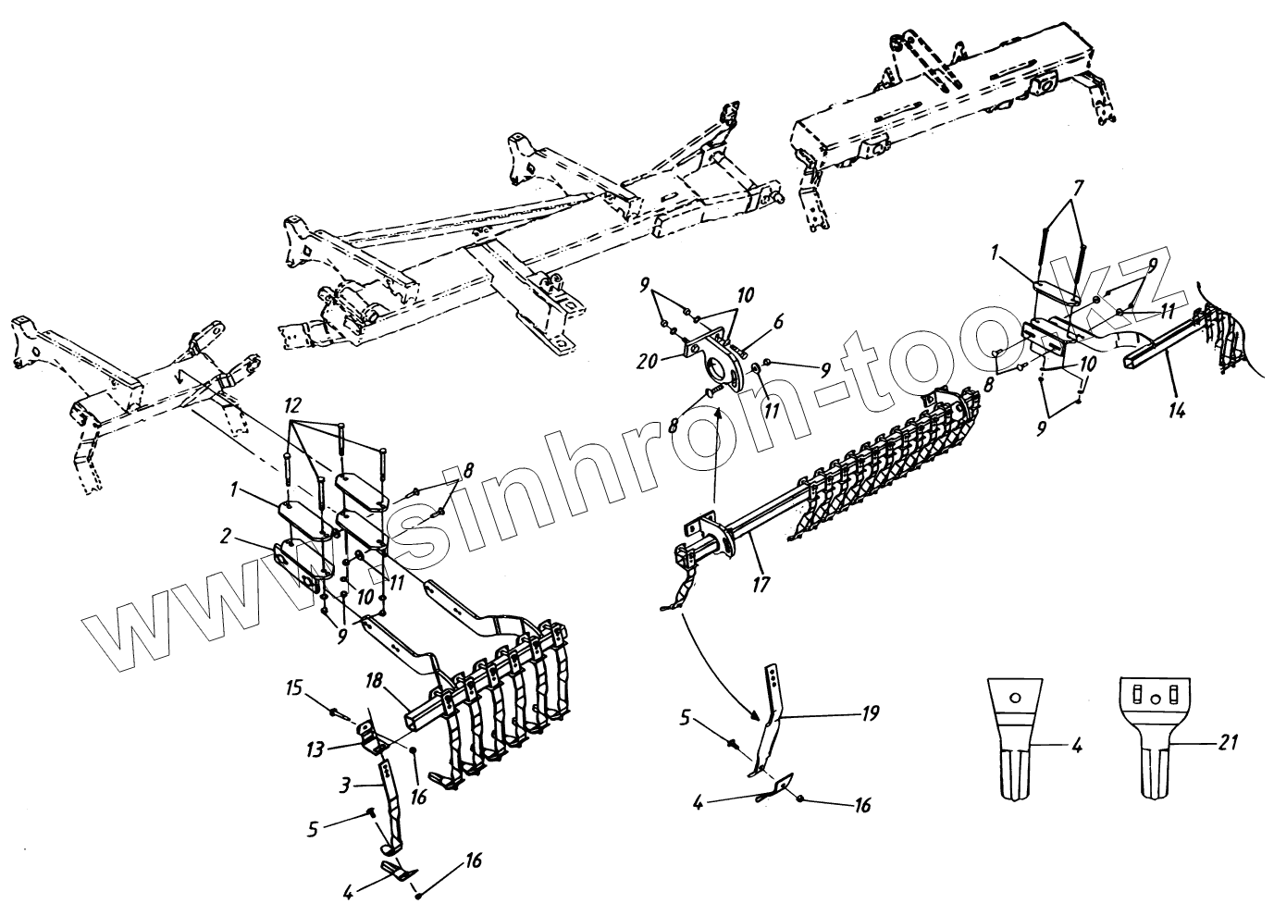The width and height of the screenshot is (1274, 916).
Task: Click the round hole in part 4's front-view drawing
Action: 1015,698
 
